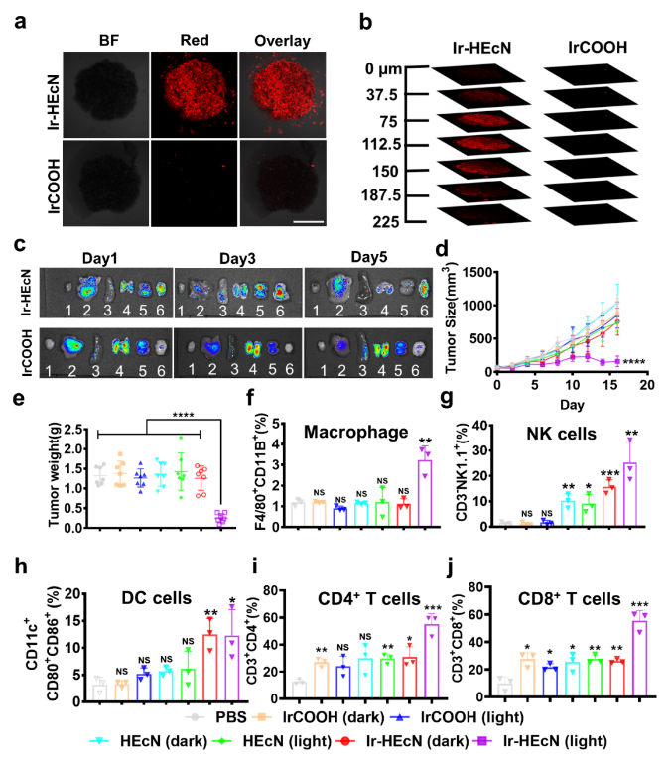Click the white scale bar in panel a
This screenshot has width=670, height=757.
pos(309,221)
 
